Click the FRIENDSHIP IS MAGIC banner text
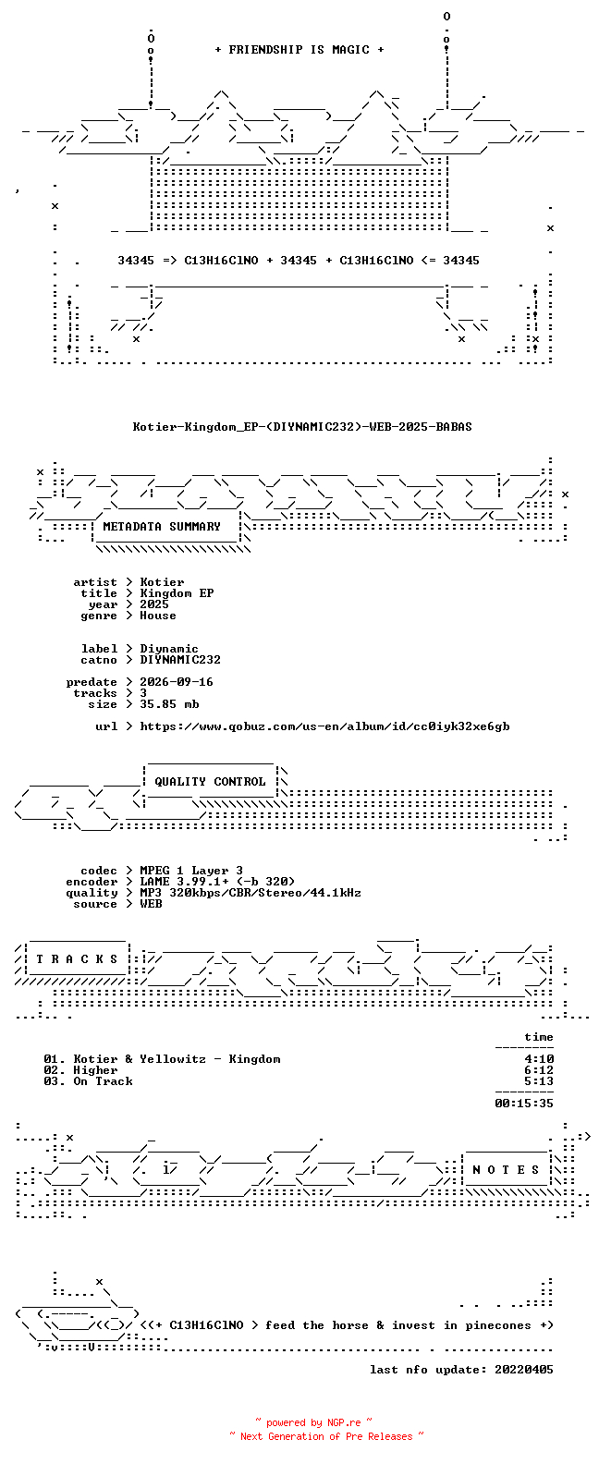point(299,50)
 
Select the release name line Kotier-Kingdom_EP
point(302,427)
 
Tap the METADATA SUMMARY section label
point(162,527)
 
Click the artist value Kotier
point(162,582)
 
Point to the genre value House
point(157,616)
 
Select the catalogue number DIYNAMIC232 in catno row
point(180,660)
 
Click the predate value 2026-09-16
point(177,682)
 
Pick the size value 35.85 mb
point(169,704)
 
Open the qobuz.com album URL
point(325,726)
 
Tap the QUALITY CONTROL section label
point(210,782)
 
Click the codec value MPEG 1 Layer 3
point(191,872)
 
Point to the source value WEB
point(151,905)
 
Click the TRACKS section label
point(77,959)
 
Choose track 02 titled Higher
point(81,1070)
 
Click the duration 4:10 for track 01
point(539,1059)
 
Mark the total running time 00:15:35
point(524,1104)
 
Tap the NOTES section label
point(507,1170)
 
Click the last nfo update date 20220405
point(524,1370)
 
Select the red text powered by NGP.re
point(313,1422)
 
